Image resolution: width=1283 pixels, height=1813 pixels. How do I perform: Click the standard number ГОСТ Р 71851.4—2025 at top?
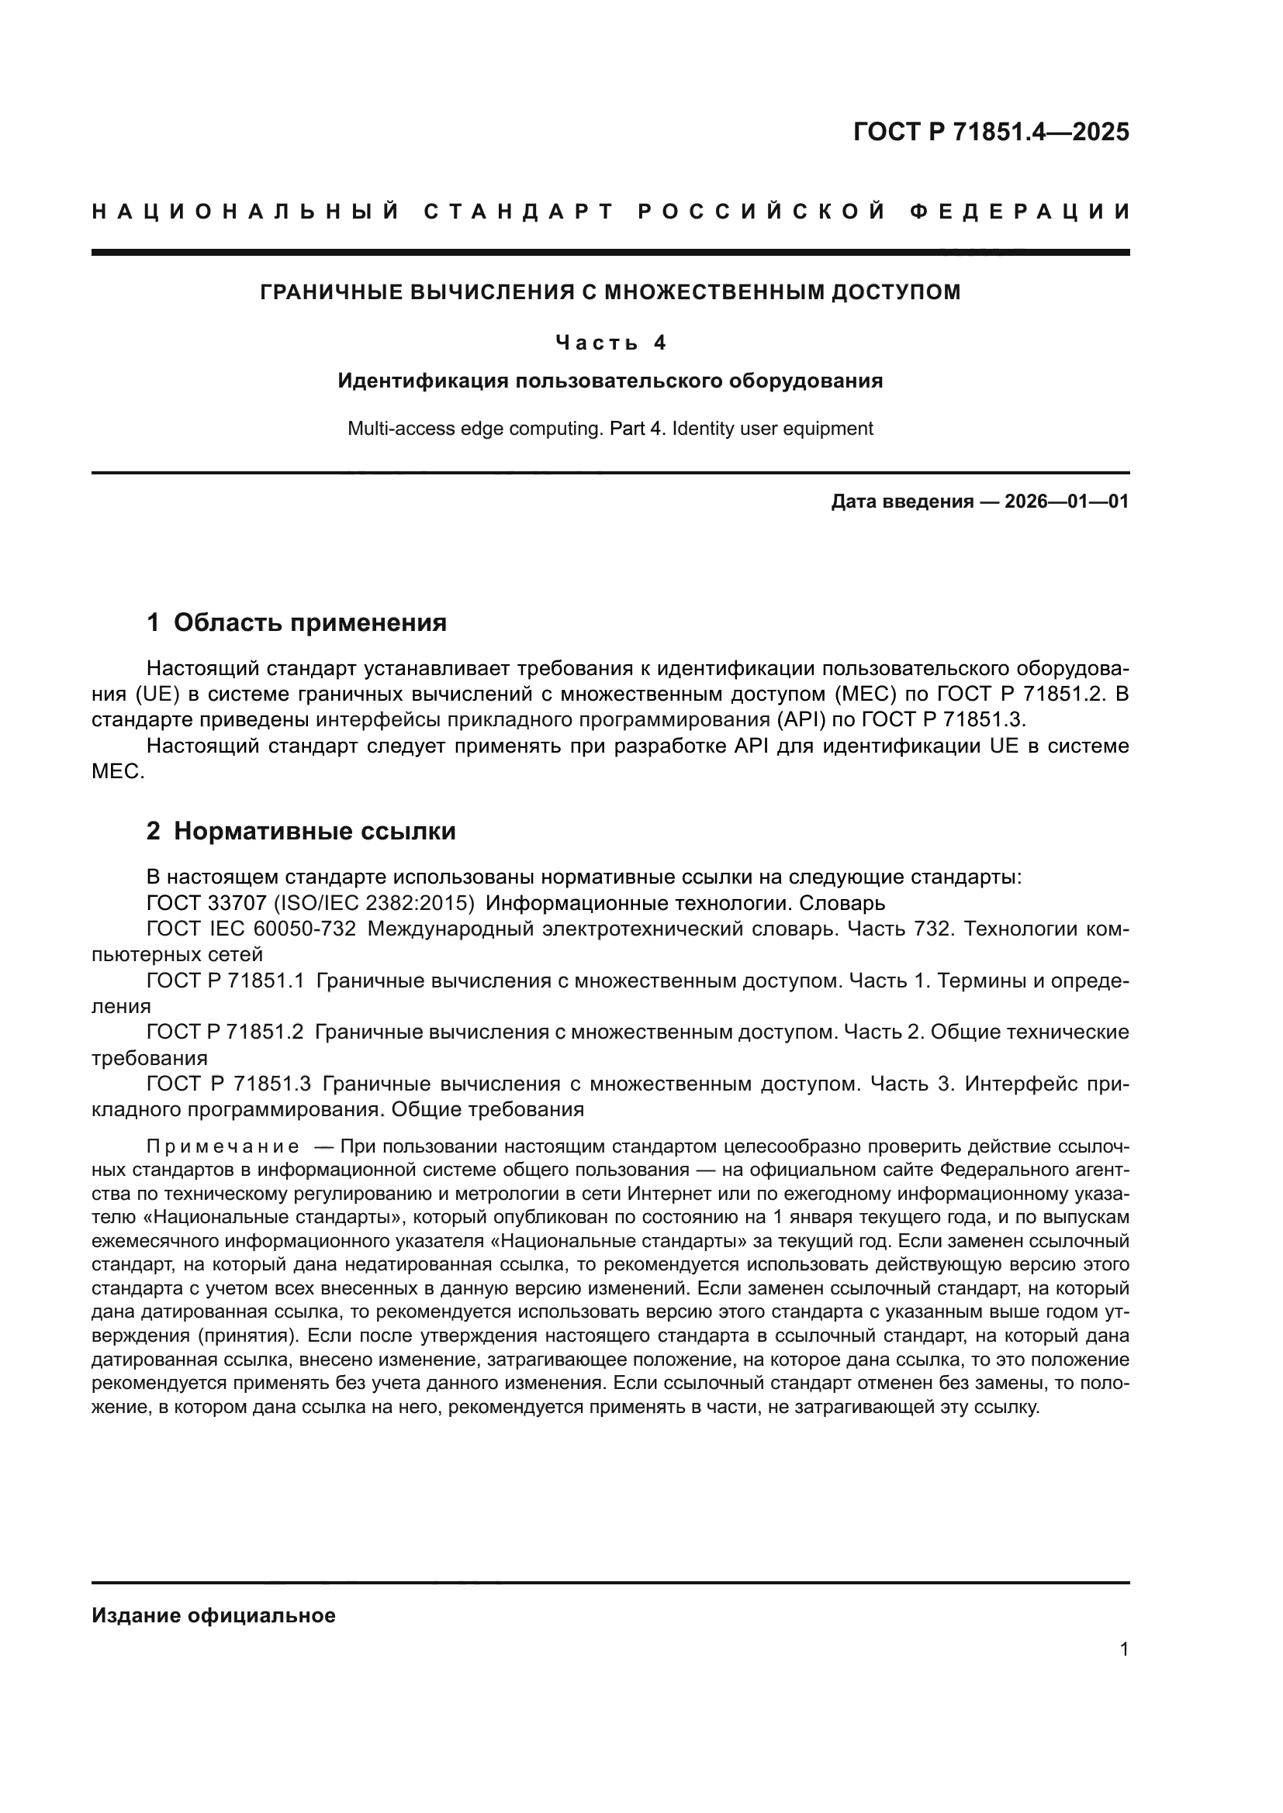tap(991, 132)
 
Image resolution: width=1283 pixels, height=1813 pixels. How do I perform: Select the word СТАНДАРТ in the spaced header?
tap(518, 212)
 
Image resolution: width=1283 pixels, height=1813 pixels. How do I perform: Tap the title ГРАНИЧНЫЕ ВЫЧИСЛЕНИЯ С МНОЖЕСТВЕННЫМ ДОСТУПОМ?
tap(610, 292)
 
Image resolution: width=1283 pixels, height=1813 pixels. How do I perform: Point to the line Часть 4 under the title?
tap(610, 343)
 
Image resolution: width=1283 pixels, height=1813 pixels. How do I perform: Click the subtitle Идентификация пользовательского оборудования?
tap(610, 381)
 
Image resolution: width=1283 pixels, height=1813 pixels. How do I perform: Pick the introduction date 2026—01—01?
tap(1066, 502)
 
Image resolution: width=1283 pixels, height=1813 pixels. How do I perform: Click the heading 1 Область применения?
tap(296, 622)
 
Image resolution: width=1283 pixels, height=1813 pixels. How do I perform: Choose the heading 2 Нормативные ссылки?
tap(301, 831)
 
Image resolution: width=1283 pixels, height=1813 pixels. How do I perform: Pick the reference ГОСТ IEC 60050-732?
tap(251, 929)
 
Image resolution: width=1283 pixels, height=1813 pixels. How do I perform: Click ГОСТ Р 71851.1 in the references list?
tap(225, 981)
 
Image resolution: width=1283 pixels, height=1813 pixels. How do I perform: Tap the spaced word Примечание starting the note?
tap(223, 1146)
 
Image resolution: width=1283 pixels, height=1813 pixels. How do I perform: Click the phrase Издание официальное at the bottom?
tap(213, 1615)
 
